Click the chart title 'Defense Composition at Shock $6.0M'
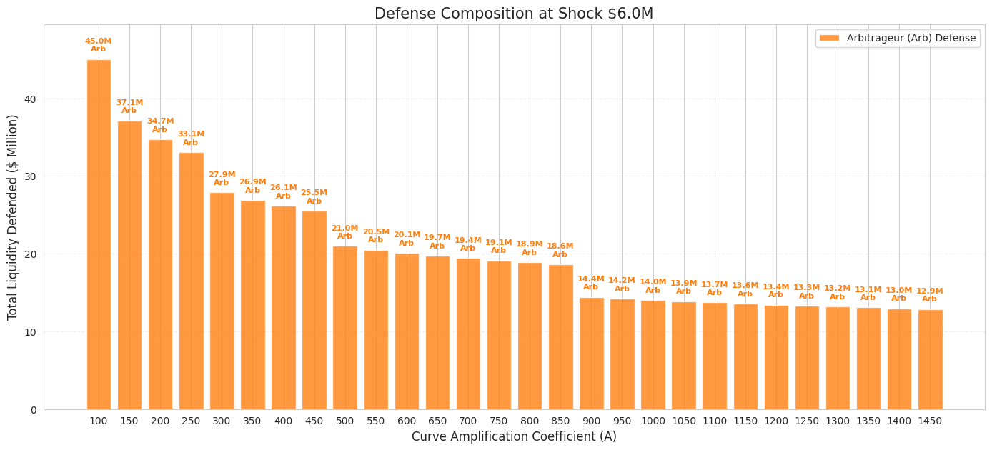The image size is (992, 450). click(514, 14)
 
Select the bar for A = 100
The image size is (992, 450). click(99, 234)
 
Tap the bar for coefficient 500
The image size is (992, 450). click(345, 328)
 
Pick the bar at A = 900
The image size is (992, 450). click(592, 354)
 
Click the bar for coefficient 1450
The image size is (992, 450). click(930, 360)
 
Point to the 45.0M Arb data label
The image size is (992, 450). click(99, 45)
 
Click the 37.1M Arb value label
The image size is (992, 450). click(129, 106)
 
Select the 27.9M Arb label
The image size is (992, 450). click(222, 179)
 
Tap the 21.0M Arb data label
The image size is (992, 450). click(345, 232)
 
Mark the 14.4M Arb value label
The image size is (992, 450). click(591, 283)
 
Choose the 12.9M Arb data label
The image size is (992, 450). click(930, 295)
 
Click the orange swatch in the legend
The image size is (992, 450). click(829, 38)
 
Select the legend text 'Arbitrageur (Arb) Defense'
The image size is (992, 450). click(911, 38)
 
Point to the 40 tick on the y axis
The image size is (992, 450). click(30, 99)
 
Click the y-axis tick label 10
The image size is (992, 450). click(30, 332)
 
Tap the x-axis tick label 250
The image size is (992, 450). click(191, 421)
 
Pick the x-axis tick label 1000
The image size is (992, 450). click(653, 421)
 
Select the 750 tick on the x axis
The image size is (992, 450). click(499, 421)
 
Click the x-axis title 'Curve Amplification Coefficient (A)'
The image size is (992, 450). click(514, 436)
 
